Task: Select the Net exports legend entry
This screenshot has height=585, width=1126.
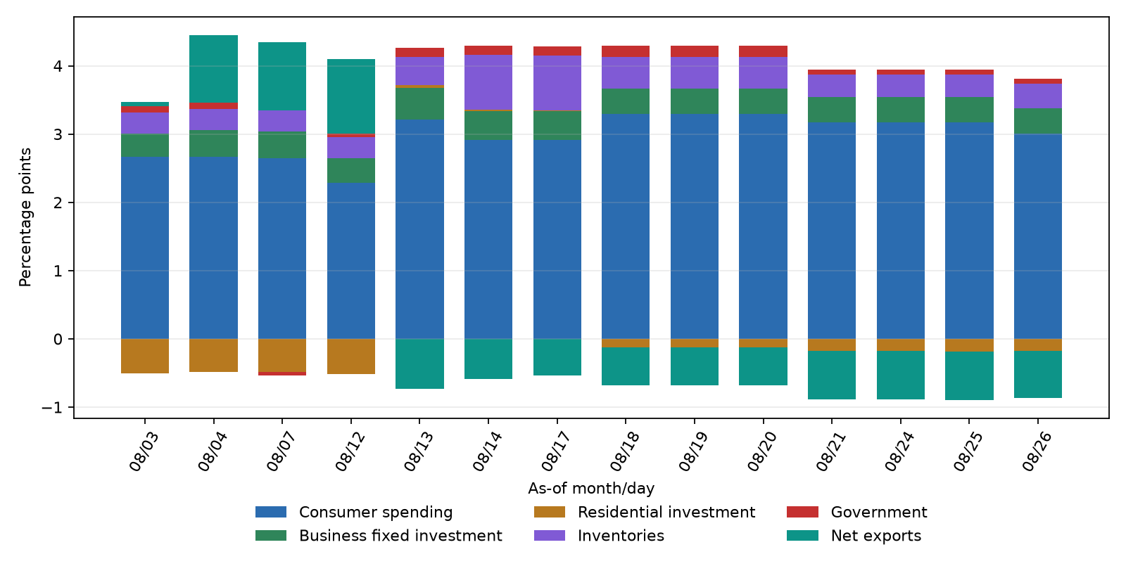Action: (854, 536)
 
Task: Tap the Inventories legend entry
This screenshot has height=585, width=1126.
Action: (599, 536)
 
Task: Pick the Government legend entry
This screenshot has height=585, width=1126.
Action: (857, 512)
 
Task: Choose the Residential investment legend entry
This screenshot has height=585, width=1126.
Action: (645, 512)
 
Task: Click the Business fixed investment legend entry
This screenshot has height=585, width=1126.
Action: (379, 536)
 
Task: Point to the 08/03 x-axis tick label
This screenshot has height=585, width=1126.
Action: (144, 451)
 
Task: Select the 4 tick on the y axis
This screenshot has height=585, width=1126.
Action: (58, 66)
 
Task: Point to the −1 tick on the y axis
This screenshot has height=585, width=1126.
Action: (52, 408)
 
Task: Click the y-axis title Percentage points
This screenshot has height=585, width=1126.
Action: (25, 217)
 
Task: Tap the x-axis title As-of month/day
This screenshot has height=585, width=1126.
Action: (591, 488)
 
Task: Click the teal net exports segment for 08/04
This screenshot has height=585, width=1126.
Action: (214, 69)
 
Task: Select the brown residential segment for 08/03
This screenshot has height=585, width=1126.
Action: (145, 356)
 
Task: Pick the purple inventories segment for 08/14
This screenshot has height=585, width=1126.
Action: (488, 82)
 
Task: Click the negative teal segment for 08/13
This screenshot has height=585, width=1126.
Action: (419, 364)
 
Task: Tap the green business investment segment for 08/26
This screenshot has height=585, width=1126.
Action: (1038, 121)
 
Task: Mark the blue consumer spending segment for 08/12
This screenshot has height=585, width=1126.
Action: (351, 261)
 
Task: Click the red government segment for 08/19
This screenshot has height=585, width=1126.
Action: (694, 51)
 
